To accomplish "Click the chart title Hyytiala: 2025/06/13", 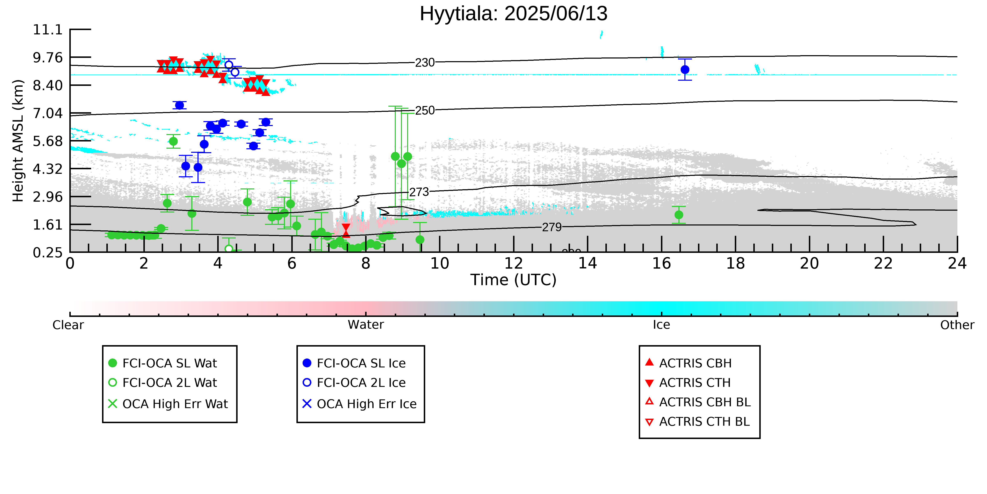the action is [x=513, y=14].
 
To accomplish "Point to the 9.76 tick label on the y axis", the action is [x=48, y=57].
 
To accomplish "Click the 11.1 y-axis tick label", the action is [x=48, y=29].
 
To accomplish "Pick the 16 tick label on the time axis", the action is [x=662, y=264].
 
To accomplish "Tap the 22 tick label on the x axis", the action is [x=884, y=264].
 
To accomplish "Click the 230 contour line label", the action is [x=425, y=63].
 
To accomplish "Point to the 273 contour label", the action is [x=419, y=192].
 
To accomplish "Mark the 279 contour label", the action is [x=552, y=228].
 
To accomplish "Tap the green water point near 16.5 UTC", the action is [x=679, y=215].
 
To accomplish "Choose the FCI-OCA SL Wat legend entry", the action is [x=163, y=363].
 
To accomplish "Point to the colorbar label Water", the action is [x=366, y=325].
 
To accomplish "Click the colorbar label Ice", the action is [x=662, y=325].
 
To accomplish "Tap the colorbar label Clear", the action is [x=68, y=325].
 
